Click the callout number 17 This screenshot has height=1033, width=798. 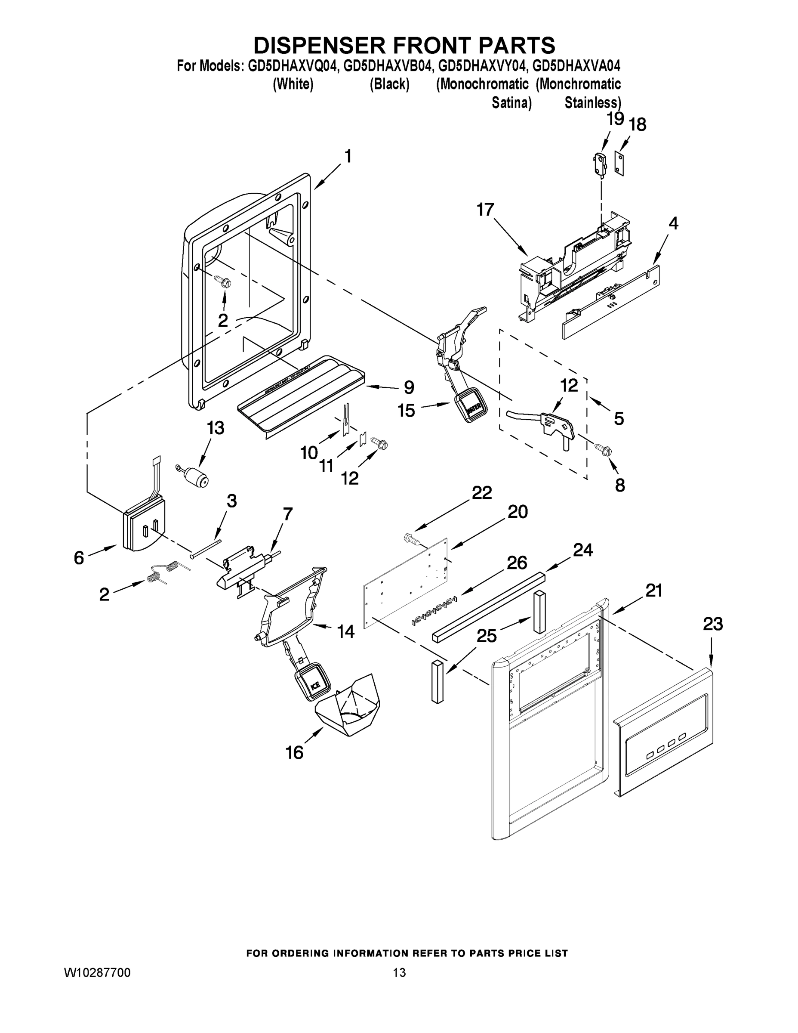485,210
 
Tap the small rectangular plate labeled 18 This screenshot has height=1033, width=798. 619,163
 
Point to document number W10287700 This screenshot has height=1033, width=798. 97,972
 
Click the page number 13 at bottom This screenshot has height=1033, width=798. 400,972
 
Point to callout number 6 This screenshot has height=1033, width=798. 79,558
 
